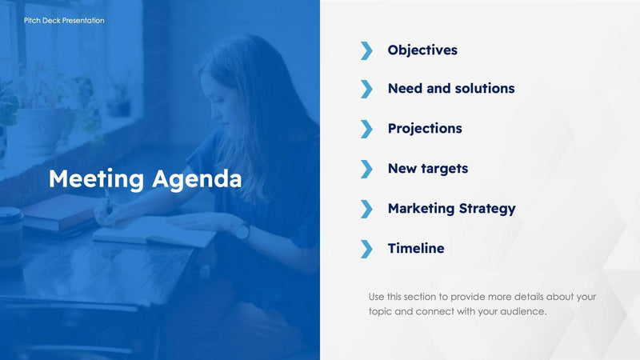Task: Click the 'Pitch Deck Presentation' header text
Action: tap(64, 20)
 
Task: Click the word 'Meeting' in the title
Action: tap(96, 178)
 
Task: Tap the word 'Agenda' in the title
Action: tap(196, 178)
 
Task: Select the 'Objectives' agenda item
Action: tap(422, 50)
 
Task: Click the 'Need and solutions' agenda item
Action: tap(451, 89)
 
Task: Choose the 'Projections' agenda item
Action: tap(425, 128)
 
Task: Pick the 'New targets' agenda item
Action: tap(428, 169)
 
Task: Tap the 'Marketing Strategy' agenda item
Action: tap(451, 208)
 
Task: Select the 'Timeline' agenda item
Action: tap(416, 248)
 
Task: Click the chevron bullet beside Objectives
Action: tap(366, 50)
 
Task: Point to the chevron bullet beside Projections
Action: tap(366, 129)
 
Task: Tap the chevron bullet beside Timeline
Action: tap(366, 249)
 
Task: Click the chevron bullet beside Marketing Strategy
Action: tap(366, 209)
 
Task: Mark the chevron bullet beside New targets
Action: tap(366, 169)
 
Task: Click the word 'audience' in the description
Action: tap(522, 311)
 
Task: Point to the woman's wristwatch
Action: tap(242, 231)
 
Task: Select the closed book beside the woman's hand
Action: tap(60, 212)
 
